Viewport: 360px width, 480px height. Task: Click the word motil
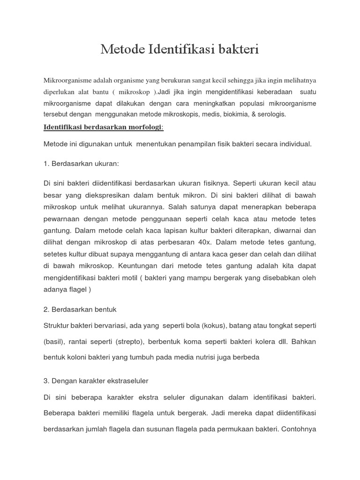(128, 277)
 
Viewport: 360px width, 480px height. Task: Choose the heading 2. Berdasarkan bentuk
(80, 309)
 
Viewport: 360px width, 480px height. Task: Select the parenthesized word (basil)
(54, 342)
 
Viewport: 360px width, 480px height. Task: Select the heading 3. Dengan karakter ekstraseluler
(96, 381)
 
